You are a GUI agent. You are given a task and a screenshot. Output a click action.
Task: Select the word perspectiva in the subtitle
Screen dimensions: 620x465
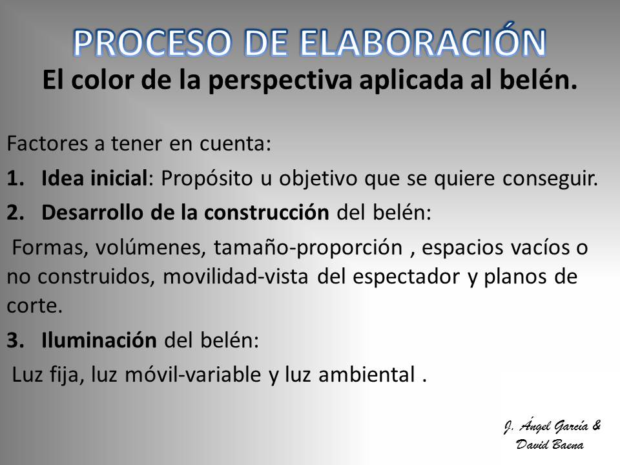(x=280, y=81)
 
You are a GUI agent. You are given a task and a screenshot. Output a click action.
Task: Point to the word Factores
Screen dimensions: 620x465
(x=47, y=143)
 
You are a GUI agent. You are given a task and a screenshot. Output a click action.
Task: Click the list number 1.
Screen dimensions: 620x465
(x=15, y=178)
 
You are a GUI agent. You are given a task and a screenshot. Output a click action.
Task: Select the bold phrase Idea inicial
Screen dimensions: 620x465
(x=94, y=178)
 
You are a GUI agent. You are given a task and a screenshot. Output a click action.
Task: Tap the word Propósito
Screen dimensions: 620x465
(x=207, y=179)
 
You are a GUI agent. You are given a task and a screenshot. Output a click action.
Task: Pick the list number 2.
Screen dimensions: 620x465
(x=15, y=212)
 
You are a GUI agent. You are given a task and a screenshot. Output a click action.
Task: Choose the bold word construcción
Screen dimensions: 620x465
(x=267, y=212)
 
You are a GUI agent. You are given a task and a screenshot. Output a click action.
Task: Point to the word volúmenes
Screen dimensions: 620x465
(x=150, y=247)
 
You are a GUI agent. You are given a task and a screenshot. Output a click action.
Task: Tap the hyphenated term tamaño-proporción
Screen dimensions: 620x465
(x=308, y=248)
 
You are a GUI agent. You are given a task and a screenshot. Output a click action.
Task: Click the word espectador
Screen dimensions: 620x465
(x=406, y=277)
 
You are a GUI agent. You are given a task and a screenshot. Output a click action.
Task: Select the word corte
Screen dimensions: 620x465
(x=35, y=305)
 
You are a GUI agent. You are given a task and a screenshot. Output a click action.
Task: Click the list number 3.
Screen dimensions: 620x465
(x=15, y=340)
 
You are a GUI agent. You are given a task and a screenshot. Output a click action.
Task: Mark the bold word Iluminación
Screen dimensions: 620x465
(x=99, y=340)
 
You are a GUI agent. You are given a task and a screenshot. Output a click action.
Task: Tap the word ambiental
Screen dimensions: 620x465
(x=367, y=374)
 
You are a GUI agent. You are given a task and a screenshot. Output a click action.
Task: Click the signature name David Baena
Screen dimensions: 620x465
(x=550, y=444)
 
